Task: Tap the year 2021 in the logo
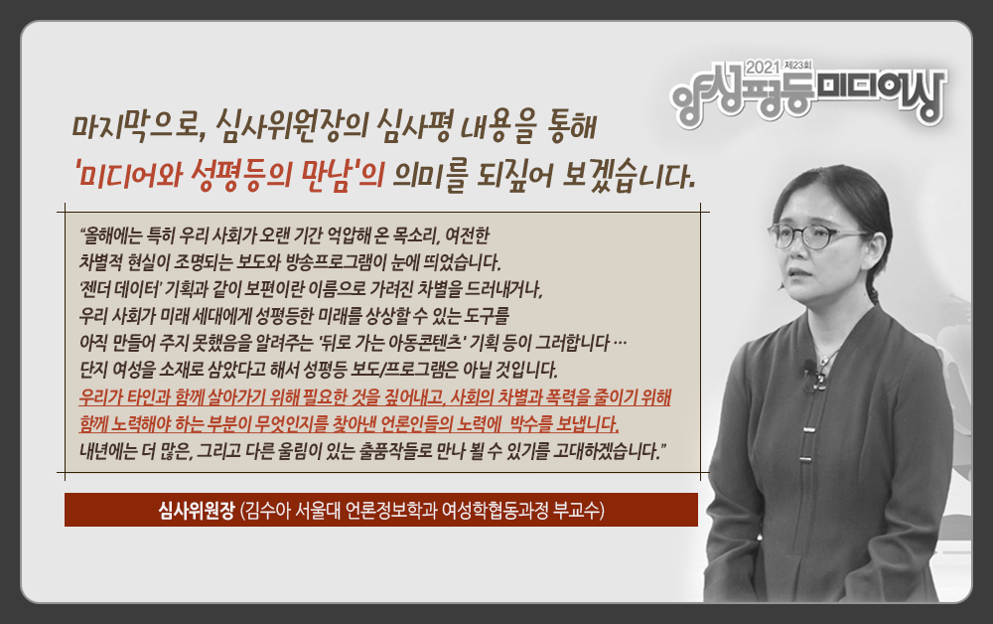763,66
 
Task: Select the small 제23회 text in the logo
798,65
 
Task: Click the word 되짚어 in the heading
514,176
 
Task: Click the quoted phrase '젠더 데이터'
120,289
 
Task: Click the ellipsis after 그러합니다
620,344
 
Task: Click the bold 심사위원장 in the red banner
197,510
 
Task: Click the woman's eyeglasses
814,235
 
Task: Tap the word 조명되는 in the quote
204,262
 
